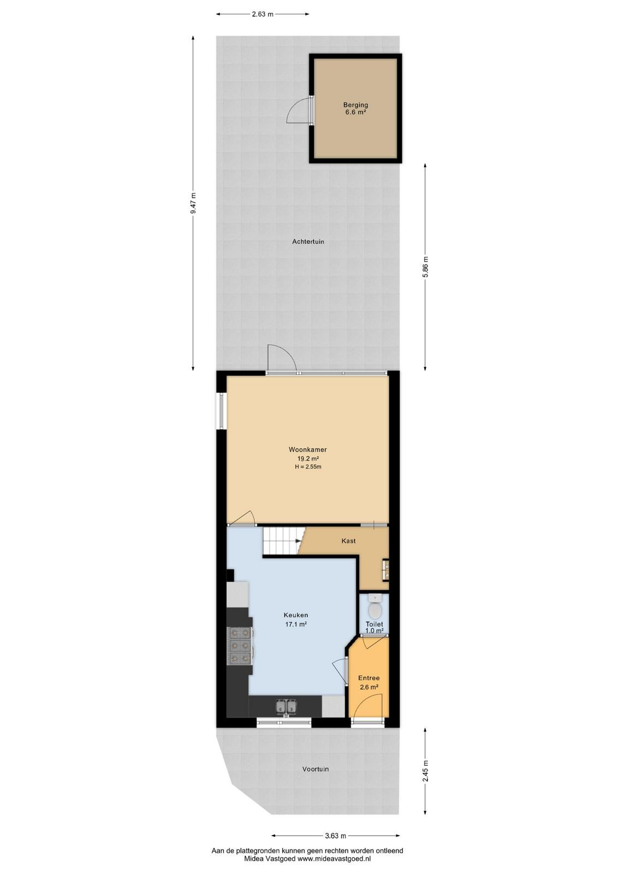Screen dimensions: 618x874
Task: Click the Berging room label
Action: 355,104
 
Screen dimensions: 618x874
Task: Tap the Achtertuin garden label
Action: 308,241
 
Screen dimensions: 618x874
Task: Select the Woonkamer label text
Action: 308,450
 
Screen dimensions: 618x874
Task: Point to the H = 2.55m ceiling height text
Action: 308,466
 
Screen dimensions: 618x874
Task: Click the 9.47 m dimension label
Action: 193,203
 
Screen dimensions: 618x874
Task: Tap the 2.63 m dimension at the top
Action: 263,14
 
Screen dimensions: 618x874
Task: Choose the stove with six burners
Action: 240,646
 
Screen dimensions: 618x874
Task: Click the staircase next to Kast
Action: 283,541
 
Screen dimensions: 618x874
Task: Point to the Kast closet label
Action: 348,541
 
